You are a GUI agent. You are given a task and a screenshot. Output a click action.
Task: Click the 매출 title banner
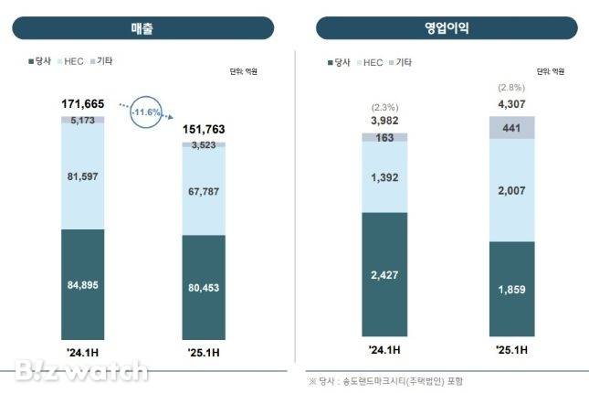coord(142,28)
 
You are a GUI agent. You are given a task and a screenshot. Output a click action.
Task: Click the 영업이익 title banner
coord(447,28)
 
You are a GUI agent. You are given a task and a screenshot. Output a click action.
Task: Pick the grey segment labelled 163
coord(384,137)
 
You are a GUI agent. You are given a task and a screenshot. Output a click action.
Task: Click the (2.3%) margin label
coord(384,108)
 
